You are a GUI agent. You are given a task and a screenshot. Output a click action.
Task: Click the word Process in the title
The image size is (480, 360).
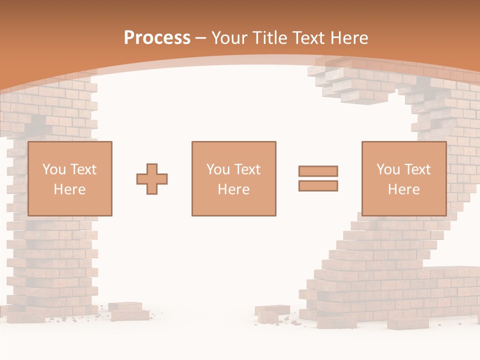pos(157,38)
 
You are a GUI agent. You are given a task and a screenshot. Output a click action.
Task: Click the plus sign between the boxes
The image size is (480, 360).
pos(152,179)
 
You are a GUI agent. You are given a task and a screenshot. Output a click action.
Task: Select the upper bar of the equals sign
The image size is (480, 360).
pos(318,171)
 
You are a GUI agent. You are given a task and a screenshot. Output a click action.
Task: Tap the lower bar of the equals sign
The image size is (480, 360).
pos(318,186)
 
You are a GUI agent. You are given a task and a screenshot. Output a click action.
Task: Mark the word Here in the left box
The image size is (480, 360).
pos(69,189)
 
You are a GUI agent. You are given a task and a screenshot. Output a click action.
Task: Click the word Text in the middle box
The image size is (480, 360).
pos(246,169)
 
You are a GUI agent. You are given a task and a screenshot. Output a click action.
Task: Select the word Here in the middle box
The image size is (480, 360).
pos(234,189)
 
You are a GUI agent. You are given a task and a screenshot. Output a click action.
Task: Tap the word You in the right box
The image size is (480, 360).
pos(388,169)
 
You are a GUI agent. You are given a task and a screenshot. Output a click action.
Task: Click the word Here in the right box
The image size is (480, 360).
pos(404,189)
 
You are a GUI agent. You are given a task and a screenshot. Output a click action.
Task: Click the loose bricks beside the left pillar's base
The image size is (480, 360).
pos(128,311)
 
